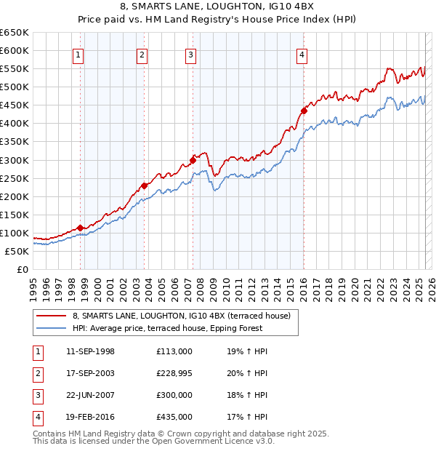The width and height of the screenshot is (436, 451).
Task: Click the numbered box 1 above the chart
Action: click(x=78, y=55)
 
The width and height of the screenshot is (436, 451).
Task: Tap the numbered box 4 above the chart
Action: click(x=302, y=55)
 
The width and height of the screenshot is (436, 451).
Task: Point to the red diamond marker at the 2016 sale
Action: click(x=304, y=111)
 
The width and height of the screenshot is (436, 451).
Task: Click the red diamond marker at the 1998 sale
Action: click(x=80, y=228)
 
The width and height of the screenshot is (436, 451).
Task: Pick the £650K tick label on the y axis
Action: click(x=15, y=33)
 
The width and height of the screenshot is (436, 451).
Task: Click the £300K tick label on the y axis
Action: click(x=15, y=160)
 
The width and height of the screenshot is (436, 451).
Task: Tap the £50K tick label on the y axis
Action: click(x=17, y=251)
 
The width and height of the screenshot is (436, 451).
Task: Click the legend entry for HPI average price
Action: click(x=166, y=328)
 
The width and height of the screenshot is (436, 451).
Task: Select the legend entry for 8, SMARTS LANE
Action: click(x=181, y=316)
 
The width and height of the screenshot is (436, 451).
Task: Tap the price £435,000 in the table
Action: click(x=174, y=417)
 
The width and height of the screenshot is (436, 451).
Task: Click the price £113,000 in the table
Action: click(x=174, y=351)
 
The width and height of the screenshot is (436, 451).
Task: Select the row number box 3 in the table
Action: click(x=37, y=395)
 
